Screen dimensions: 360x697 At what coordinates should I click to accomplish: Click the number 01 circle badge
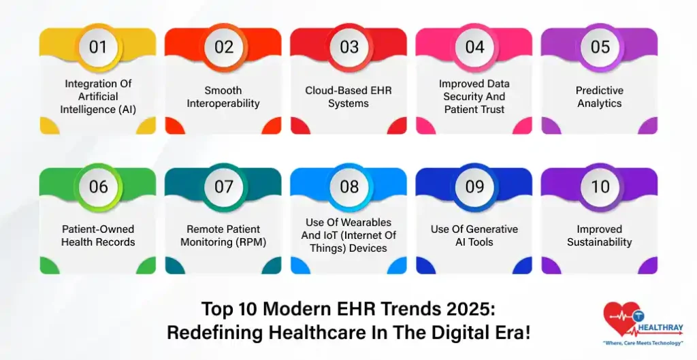coord(98,47)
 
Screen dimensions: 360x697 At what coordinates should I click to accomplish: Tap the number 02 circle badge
coord(224,47)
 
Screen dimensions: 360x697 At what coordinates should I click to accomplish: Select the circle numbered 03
coord(349,47)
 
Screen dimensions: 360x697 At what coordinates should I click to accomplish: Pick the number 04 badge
coord(474,47)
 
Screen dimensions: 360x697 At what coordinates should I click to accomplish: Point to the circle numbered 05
coord(600,47)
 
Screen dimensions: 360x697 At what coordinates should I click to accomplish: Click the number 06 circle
coord(98,186)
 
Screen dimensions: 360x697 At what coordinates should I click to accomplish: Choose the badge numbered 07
coord(224,186)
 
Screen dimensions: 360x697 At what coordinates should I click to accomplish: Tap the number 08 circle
coord(349,186)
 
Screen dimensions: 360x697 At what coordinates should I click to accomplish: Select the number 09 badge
coord(474,186)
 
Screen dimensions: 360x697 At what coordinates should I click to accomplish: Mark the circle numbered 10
coord(600,186)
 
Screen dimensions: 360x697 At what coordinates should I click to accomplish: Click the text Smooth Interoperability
coord(223,97)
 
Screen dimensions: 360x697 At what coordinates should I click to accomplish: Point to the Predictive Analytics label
coord(600,97)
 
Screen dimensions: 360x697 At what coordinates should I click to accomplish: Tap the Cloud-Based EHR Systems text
coord(348,97)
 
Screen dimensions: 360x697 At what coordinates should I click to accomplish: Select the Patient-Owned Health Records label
coord(98,235)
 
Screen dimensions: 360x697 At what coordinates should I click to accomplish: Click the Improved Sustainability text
coord(600,235)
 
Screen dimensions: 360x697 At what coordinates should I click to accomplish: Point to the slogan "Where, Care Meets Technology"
coord(644,343)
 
